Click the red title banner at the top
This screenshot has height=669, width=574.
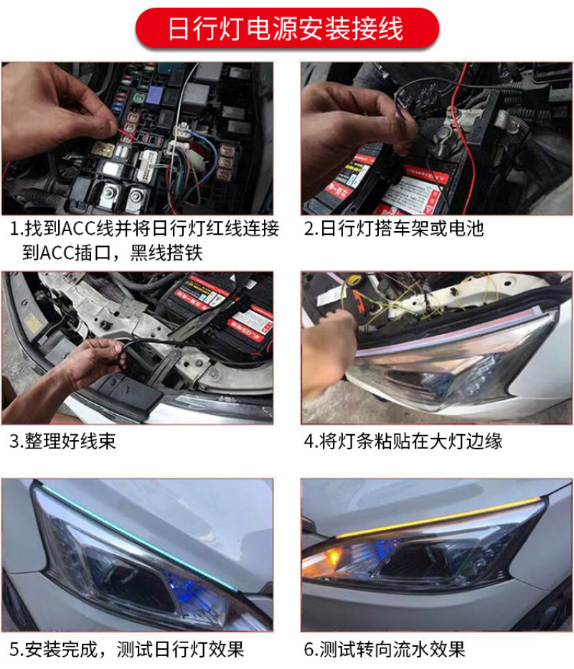(x=287, y=29)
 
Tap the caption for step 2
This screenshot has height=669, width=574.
(x=394, y=229)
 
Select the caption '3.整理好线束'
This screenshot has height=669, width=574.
(x=62, y=441)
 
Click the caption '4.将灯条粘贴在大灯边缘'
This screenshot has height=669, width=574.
(x=403, y=441)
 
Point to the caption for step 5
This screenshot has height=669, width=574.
(x=127, y=650)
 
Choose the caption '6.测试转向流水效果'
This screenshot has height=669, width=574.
(x=385, y=650)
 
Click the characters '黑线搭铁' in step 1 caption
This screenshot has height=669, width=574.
(x=166, y=253)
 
